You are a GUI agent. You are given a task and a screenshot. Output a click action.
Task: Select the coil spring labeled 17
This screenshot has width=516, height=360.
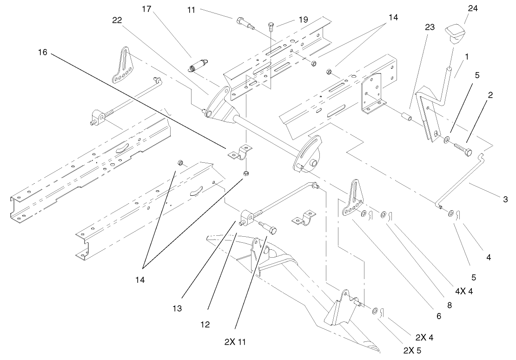click(x=198, y=65)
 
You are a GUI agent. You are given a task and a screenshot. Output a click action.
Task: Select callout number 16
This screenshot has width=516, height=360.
click(x=42, y=53)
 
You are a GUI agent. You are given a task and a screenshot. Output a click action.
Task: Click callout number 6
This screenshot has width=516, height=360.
click(x=438, y=315)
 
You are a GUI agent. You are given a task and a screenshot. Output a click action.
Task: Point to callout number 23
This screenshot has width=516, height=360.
click(x=430, y=27)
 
